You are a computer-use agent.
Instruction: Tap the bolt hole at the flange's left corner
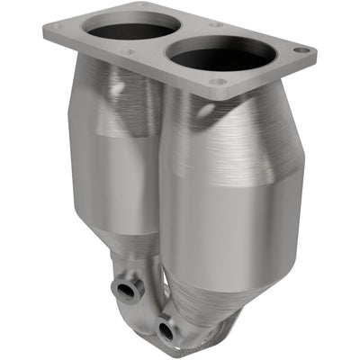point(57,28)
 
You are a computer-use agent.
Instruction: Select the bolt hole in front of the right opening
point(218,82)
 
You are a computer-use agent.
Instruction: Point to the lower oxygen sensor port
point(165,331)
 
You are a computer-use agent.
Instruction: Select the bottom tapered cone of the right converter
point(216,270)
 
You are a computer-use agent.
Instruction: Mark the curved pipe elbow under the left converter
point(135,270)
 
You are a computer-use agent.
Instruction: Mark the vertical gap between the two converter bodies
point(162,180)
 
